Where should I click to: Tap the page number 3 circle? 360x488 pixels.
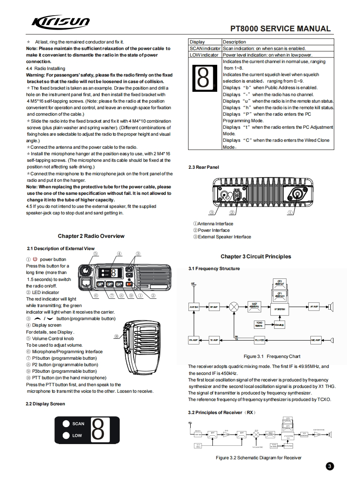[330, 467]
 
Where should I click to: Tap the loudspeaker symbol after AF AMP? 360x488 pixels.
[330, 306]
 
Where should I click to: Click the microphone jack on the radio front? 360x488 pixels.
[85, 284]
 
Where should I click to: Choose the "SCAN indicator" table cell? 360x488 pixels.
[205, 48]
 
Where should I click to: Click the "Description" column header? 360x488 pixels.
[234, 42]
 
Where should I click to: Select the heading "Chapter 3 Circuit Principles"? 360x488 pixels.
[256, 257]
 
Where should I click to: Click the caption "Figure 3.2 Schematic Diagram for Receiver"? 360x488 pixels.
[259, 457]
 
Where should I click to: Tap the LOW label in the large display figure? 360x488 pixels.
[77, 435]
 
